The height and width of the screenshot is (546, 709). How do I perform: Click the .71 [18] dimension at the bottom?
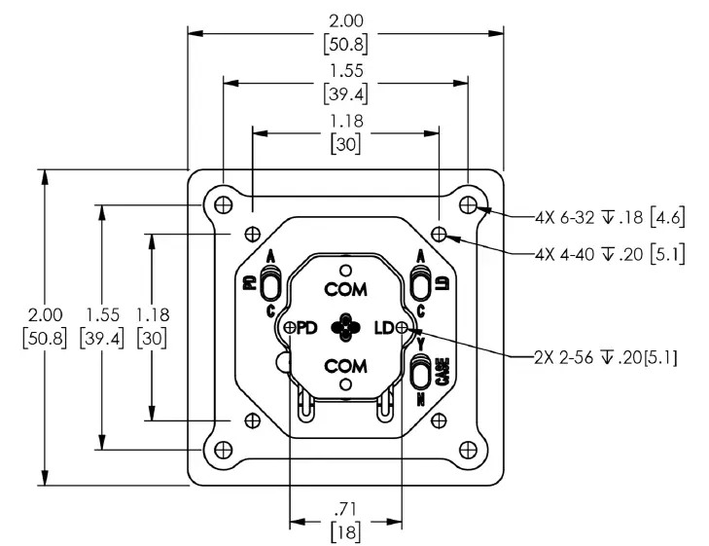pyautogui.click(x=345, y=521)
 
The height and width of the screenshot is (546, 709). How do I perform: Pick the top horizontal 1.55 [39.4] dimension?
pyautogui.click(x=345, y=83)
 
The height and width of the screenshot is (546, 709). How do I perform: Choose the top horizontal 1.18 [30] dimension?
pyautogui.click(x=345, y=134)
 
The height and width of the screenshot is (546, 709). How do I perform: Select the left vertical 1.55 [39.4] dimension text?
pyautogui.click(x=103, y=327)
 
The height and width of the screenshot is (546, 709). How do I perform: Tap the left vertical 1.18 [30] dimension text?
pyautogui.click(x=153, y=327)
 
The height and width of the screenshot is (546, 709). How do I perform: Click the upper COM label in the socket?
pyautogui.click(x=345, y=290)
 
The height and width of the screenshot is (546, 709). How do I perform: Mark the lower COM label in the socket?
pyautogui.click(x=345, y=366)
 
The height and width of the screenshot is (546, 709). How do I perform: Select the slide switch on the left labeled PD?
pyautogui.click(x=271, y=283)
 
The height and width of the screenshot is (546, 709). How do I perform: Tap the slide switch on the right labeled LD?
pyautogui.click(x=421, y=283)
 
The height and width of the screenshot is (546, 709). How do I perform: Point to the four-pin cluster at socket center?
pyautogui.click(x=345, y=328)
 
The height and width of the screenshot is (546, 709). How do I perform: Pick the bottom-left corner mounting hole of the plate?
pyautogui.click(x=223, y=449)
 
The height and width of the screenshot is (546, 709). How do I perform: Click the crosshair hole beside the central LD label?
pyautogui.click(x=402, y=328)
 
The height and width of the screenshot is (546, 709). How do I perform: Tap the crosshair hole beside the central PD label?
pyautogui.click(x=290, y=328)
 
